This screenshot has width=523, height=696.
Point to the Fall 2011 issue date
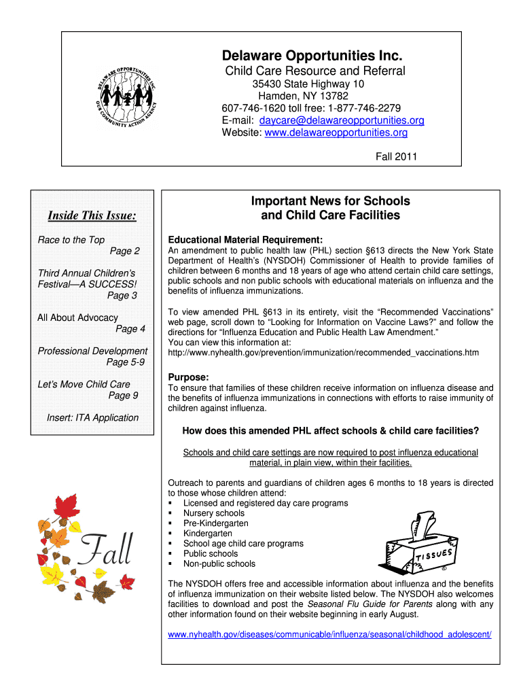click(397, 157)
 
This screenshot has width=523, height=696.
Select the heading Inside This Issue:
click(92, 216)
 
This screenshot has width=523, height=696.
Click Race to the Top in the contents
click(71, 240)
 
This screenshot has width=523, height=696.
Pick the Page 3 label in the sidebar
click(122, 296)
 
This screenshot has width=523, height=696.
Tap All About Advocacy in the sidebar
click(77, 317)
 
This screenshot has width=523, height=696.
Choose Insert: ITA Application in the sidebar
click(92, 417)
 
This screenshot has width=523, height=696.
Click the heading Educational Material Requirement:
click(245, 240)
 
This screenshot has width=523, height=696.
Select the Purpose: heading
click(188, 377)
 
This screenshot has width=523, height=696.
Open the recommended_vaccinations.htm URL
click(323, 353)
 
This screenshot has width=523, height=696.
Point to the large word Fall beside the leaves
click(107, 550)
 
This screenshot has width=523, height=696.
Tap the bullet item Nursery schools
click(213, 513)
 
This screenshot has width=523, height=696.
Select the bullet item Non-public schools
click(219, 563)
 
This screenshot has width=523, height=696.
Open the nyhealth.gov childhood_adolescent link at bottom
click(329, 634)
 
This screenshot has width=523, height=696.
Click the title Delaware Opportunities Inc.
click(314, 54)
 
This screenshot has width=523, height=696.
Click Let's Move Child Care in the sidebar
click(84, 384)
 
